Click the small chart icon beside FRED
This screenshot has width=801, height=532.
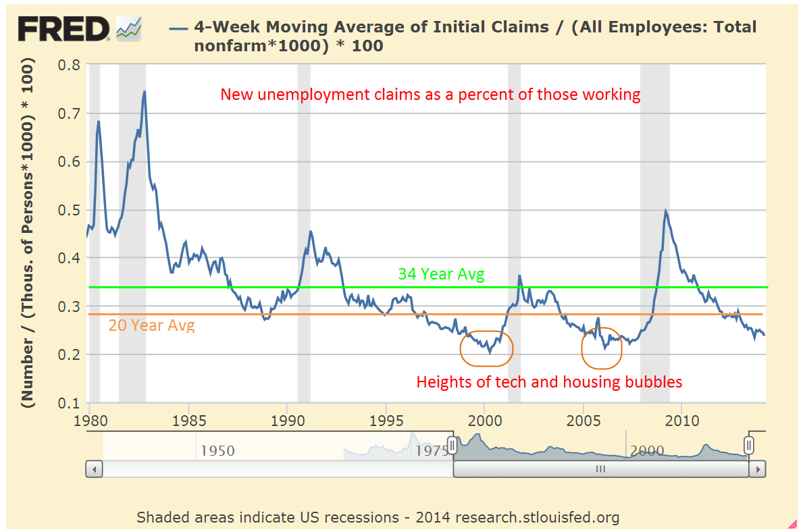tap(128, 28)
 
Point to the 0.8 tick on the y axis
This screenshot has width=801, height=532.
tap(69, 65)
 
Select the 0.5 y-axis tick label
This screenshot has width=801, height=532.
tap(69, 210)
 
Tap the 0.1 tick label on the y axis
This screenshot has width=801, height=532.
tap(69, 403)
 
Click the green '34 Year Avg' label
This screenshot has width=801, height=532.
tap(442, 274)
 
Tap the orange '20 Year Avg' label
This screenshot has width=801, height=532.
tap(151, 325)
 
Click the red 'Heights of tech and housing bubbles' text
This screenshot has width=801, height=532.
tap(549, 382)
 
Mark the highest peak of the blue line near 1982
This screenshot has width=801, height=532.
tap(145, 91)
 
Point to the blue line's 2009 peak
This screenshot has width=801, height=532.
tap(666, 211)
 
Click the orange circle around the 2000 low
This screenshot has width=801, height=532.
tap(486, 348)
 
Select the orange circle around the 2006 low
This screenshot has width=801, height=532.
tap(602, 349)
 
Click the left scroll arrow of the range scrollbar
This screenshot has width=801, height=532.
tap(95, 469)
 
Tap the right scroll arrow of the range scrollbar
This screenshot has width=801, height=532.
tap(758, 469)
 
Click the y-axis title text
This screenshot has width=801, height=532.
tap(28, 234)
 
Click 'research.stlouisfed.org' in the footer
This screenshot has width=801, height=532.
tap(537, 518)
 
